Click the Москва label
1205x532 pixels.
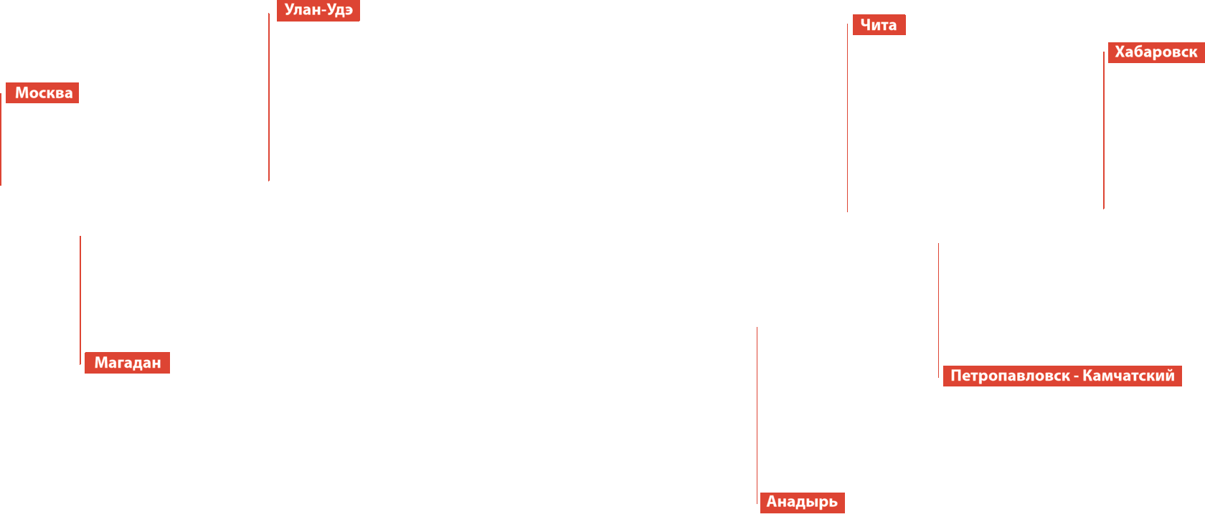[42, 93]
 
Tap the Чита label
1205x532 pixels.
[879, 25]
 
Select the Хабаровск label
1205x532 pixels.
[1156, 52]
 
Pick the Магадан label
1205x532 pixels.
[127, 363]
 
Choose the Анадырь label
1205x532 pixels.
[802, 502]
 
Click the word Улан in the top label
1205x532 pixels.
[302, 10]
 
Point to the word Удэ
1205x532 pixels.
[340, 10]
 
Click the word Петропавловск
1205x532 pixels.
[1010, 376]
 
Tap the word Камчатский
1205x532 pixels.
[1128, 376]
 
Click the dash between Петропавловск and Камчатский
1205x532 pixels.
[1076, 376]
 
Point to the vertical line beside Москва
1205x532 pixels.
[1, 140]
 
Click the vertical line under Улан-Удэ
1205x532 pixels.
[269, 97]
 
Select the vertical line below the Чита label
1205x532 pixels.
[847, 118]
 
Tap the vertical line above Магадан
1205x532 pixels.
[80, 300]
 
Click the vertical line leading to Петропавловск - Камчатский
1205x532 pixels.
[938, 310]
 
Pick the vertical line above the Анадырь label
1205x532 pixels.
[757, 414]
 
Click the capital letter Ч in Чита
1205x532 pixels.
[865, 25]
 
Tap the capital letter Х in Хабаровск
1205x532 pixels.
[1120, 52]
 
